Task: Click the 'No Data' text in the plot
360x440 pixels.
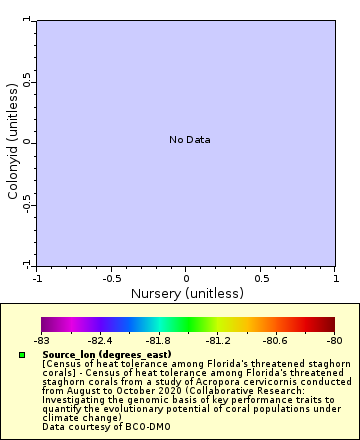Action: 190,140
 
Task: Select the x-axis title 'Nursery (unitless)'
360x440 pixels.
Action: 187,294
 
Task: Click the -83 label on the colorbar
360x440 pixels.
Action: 41,341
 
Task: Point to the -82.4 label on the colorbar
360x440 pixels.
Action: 100,341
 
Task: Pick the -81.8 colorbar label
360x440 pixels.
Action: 159,341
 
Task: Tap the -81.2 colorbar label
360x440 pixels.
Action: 218,341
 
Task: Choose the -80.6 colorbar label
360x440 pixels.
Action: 276,341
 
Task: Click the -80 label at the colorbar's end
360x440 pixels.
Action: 334,341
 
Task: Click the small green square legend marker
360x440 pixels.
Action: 23,355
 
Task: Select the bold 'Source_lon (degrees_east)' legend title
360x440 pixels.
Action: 107,355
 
